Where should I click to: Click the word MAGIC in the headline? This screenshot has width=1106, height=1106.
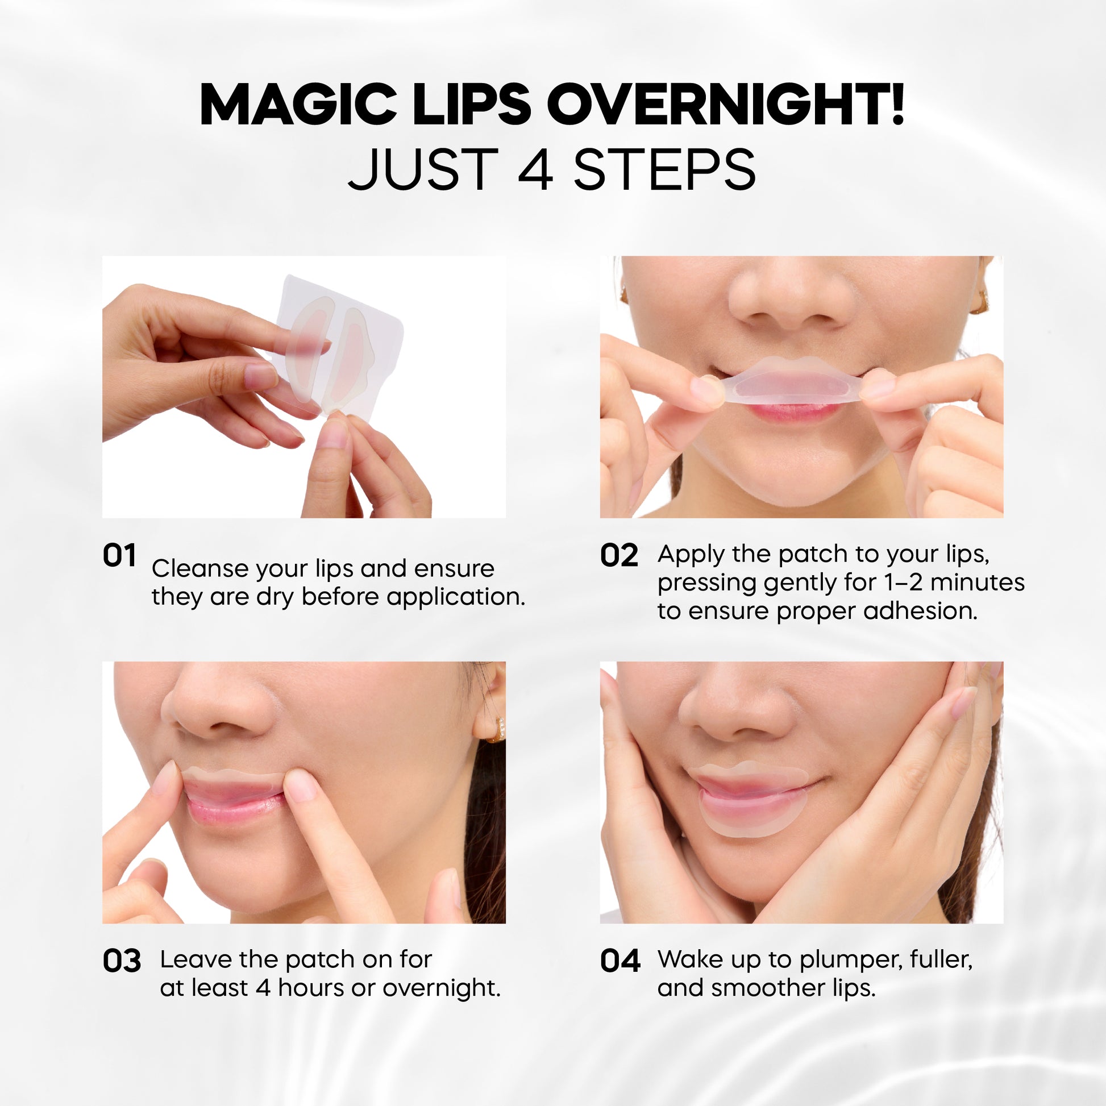click(298, 105)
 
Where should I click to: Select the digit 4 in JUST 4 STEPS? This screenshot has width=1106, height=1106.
click(535, 169)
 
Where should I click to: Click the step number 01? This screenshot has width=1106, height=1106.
click(119, 555)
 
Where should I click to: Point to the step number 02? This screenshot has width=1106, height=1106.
click(619, 555)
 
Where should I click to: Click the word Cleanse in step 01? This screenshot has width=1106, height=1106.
click(200, 568)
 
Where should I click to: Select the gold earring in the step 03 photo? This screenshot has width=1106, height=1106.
click(497, 730)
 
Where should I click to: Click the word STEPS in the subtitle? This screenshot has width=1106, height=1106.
click(664, 169)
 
